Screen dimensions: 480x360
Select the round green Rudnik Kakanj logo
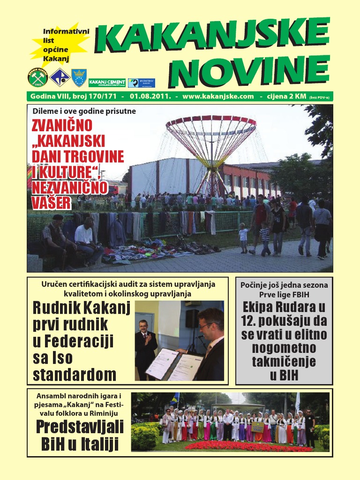(x=37, y=78)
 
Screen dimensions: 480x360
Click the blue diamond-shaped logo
(x=60, y=78)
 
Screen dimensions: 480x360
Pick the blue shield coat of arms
(x=79, y=78)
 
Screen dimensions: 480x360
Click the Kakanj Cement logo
(x=107, y=83)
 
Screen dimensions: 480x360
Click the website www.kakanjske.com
(x=218, y=97)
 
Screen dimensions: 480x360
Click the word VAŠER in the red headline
(x=52, y=202)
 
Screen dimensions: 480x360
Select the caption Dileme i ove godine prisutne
(x=84, y=112)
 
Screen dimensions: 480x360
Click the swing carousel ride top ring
(x=211, y=123)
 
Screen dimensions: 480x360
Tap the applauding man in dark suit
(x=145, y=347)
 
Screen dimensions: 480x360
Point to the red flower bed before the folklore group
(x=248, y=446)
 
